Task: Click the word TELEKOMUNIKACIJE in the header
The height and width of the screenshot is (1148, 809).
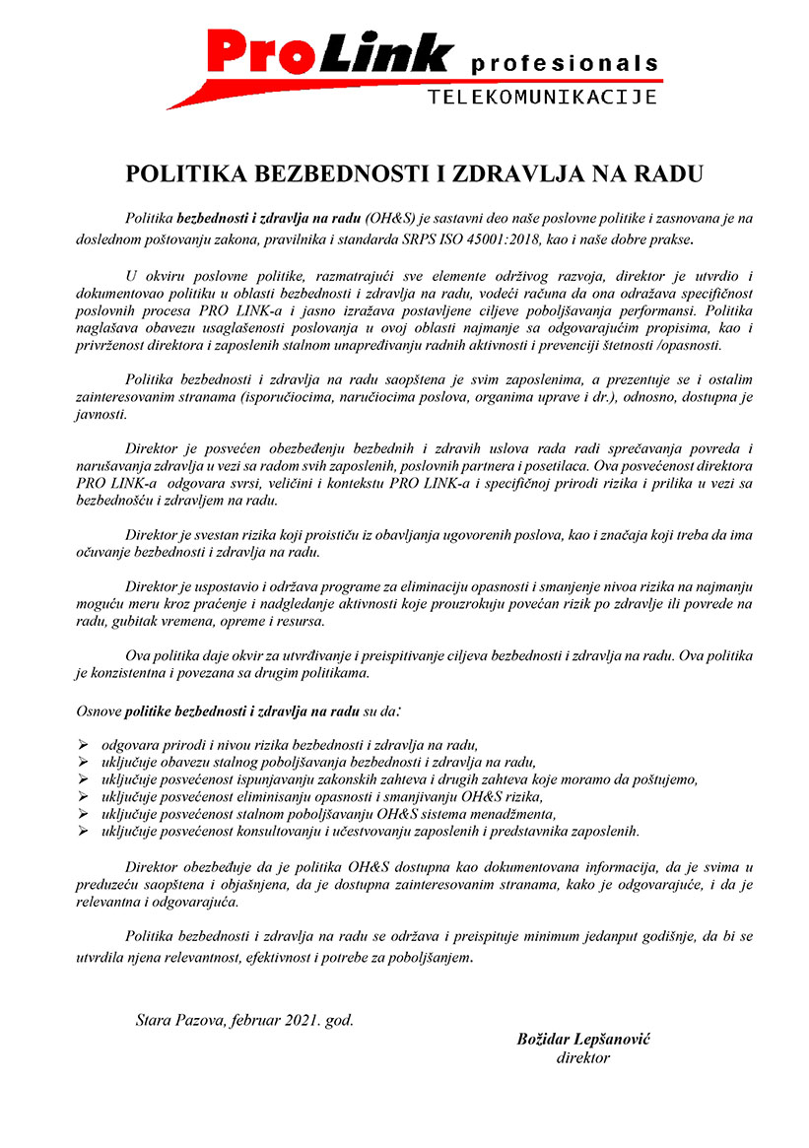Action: tap(543, 97)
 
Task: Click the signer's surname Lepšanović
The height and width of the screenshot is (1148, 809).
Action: tap(607, 1040)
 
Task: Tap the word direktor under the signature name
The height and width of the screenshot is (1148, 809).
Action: tap(583, 1058)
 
